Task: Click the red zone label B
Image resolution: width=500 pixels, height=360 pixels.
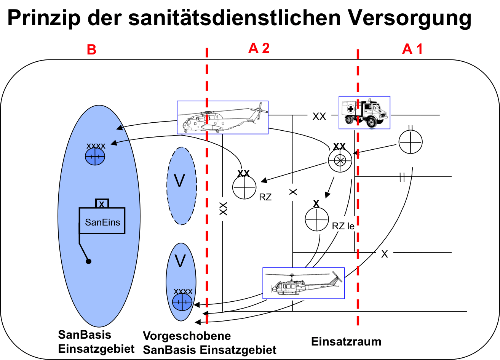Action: pyautogui.click(x=91, y=50)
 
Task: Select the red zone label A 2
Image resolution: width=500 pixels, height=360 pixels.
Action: pyautogui.click(x=259, y=48)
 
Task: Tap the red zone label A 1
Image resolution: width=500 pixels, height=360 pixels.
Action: pyautogui.click(x=412, y=49)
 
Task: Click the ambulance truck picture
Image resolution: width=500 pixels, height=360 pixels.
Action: pyautogui.click(x=364, y=112)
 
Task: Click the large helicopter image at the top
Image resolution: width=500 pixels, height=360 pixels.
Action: pyautogui.click(x=223, y=117)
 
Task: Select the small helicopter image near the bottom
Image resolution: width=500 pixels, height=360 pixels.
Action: pyautogui.click(x=304, y=283)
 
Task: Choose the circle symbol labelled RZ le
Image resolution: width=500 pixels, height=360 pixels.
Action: pyautogui.click(x=317, y=219)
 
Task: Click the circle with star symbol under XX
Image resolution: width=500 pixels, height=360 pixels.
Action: pyautogui.click(x=340, y=160)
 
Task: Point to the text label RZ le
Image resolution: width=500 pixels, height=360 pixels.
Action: pyautogui.click(x=343, y=226)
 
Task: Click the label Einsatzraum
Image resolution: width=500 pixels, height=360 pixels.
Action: pyautogui.click(x=346, y=342)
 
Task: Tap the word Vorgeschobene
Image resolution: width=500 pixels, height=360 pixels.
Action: pyautogui.click(x=187, y=336)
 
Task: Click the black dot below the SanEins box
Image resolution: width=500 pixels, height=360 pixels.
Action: pyautogui.click(x=88, y=261)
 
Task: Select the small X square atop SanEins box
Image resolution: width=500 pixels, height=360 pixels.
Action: pyautogui.click(x=102, y=203)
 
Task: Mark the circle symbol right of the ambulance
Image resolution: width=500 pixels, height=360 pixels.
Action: pyautogui.click(x=411, y=142)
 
